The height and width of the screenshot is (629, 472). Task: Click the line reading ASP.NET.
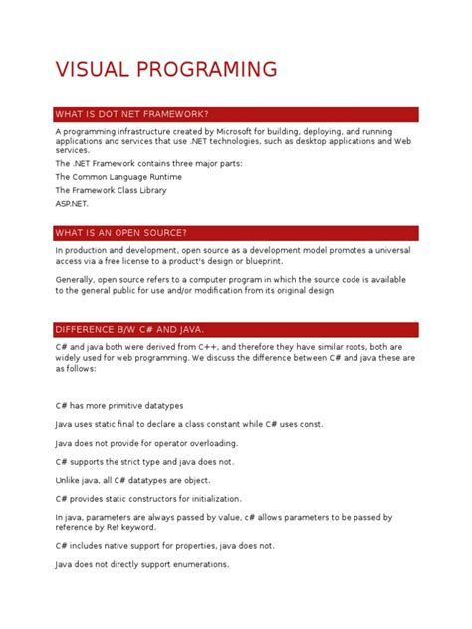click(73, 204)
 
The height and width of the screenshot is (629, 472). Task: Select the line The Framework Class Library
click(111, 190)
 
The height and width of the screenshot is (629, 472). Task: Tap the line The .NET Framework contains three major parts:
click(149, 162)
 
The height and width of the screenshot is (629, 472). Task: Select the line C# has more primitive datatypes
click(119, 406)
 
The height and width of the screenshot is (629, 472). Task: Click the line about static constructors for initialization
click(148, 499)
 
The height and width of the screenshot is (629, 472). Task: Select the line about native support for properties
click(164, 546)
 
